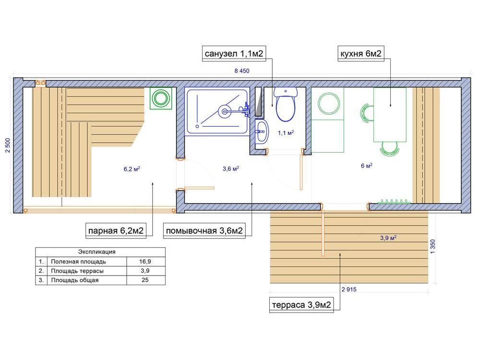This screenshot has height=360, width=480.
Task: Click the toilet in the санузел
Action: [x=286, y=104]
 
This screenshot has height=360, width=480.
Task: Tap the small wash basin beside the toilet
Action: [x=262, y=132]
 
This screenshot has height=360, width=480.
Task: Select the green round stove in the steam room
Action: [x=161, y=98]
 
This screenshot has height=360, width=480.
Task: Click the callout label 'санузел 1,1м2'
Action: [x=234, y=54]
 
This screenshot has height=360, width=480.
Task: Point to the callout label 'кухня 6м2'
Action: [x=360, y=54]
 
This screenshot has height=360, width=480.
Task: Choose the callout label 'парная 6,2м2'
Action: [x=116, y=230]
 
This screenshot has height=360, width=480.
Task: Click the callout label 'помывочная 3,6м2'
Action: [x=204, y=230]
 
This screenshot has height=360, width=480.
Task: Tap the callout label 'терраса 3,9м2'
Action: [x=301, y=305]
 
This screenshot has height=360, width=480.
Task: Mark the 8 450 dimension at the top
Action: [x=242, y=71]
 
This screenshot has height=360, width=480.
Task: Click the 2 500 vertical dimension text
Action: [x=8, y=145]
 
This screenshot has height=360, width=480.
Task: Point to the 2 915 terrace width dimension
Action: [x=349, y=289]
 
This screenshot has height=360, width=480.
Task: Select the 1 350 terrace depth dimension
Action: [x=432, y=246]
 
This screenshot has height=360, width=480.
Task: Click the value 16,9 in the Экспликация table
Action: [x=145, y=262]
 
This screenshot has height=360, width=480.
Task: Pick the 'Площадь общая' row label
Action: [x=75, y=280]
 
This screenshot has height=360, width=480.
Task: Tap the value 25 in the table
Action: [x=145, y=280]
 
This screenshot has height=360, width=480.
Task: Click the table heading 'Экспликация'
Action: [x=97, y=252]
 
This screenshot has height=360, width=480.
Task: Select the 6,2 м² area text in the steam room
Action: [x=132, y=168]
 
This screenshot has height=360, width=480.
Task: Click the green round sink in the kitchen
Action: [x=329, y=104]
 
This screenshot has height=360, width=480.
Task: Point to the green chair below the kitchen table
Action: [x=390, y=148]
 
